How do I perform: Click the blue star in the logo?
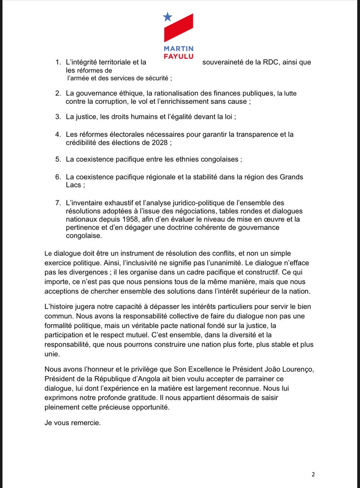[x=168, y=16]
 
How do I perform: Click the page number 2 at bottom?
[x=313, y=474]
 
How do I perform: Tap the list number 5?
[x=58, y=159]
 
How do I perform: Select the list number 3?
[x=58, y=117]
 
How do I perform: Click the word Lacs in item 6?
[x=73, y=185]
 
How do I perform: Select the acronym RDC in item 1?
[x=271, y=63]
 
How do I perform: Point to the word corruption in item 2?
[x=112, y=101]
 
